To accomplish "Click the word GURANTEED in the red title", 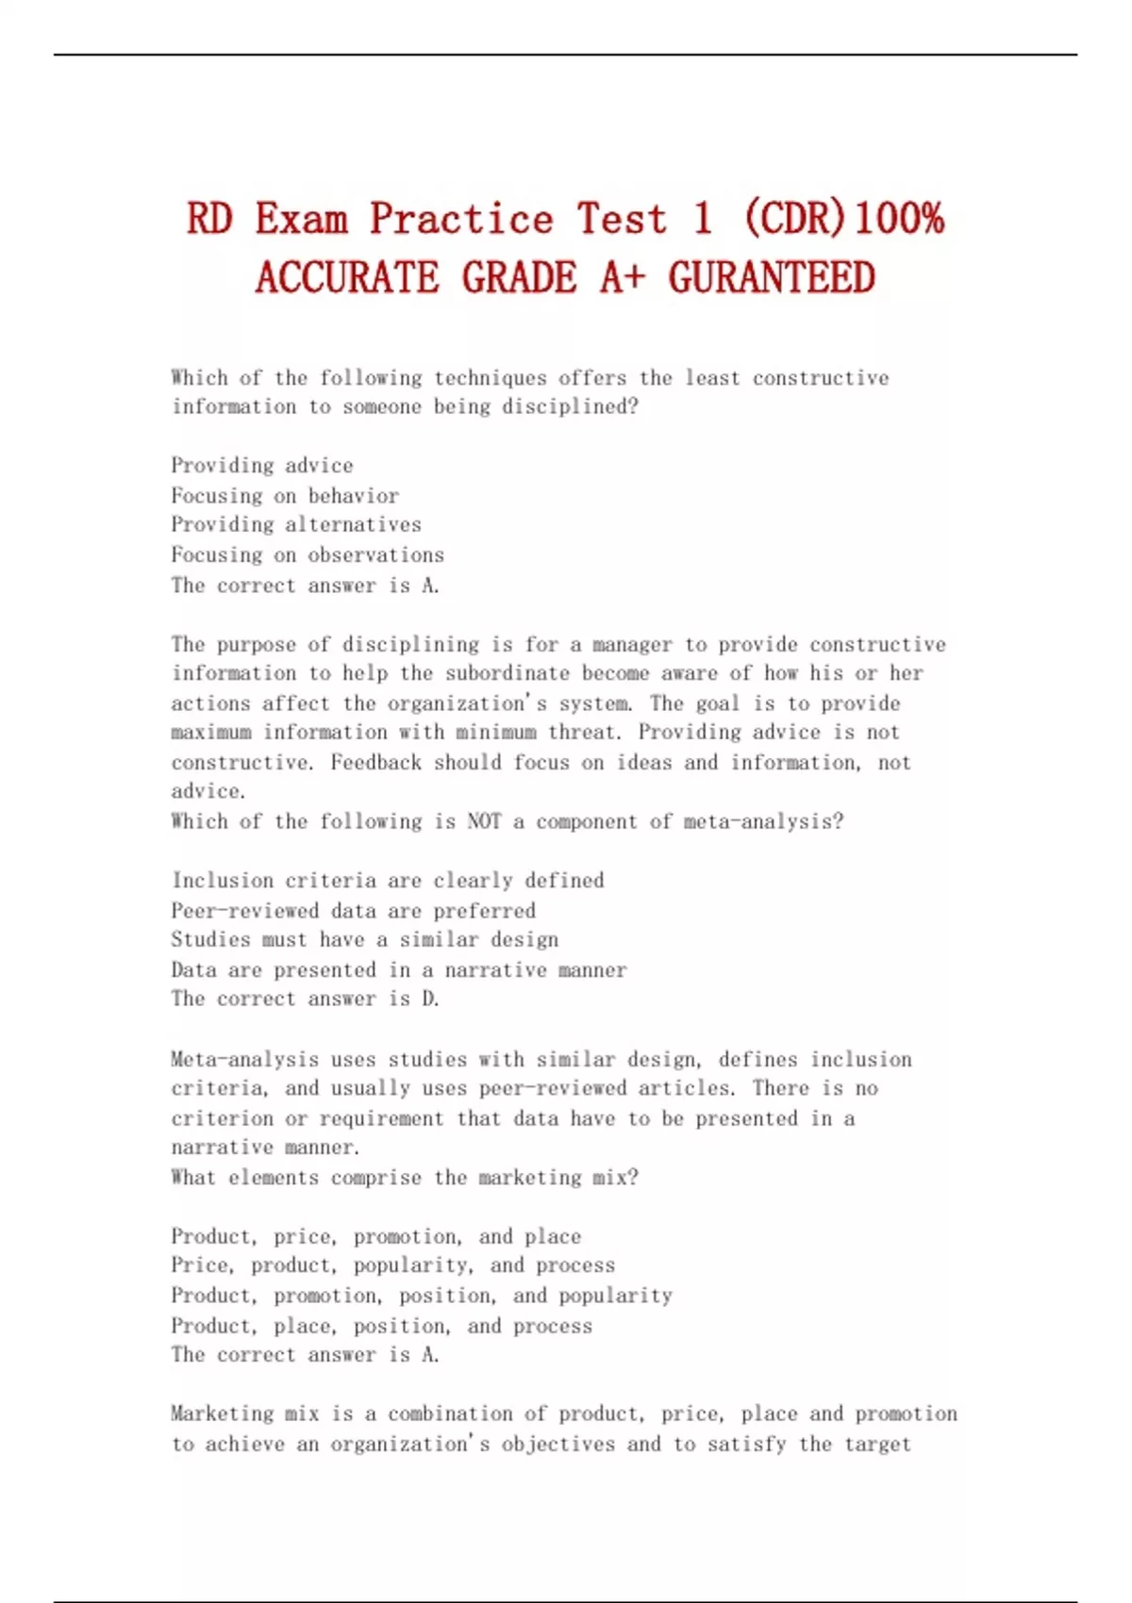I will tap(772, 278).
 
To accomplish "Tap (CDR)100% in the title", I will tap(843, 219).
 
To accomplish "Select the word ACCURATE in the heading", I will tap(346, 278).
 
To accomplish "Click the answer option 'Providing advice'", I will tap(262, 466).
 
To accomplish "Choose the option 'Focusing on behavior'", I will tap(285, 496).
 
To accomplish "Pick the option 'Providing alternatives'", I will tap(296, 524).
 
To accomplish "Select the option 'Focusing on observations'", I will tap(308, 554).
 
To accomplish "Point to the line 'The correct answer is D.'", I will tap(306, 999).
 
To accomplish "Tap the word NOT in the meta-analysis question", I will tap(484, 821).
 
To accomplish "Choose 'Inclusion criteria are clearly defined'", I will tap(388, 881).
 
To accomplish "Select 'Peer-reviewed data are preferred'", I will tap(354, 911).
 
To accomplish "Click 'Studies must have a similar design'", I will tap(365, 939).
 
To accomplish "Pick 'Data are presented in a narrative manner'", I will tap(399, 969).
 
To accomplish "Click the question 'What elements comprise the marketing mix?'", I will tap(405, 1177).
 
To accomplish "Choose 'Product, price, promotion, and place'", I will tap(376, 1236).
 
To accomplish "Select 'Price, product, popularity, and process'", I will tap(393, 1264).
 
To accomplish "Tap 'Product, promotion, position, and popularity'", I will tap(422, 1296).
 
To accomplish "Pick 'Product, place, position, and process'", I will tap(382, 1326).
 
